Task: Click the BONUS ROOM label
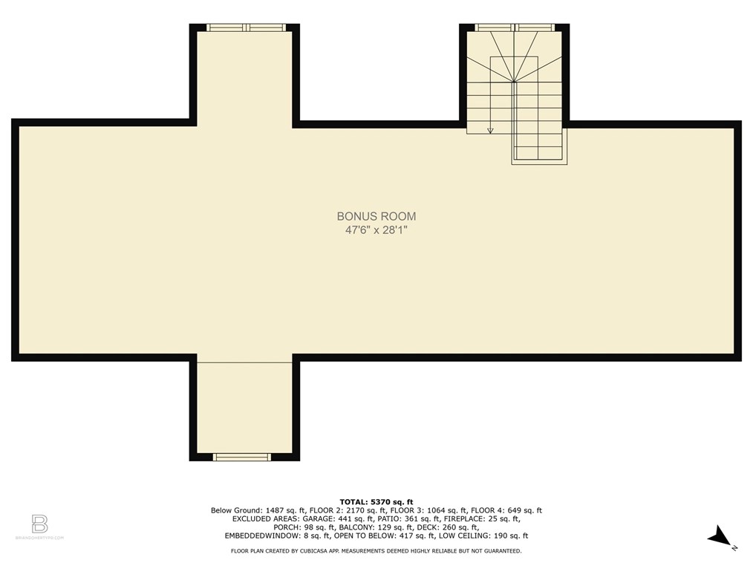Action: (376, 216)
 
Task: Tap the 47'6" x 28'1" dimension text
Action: (376, 230)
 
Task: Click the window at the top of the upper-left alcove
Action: (246, 27)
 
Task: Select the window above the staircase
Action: (514, 27)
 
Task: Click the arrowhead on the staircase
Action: (490, 131)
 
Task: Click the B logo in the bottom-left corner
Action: (40, 524)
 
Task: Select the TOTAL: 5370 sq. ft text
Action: (376, 501)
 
